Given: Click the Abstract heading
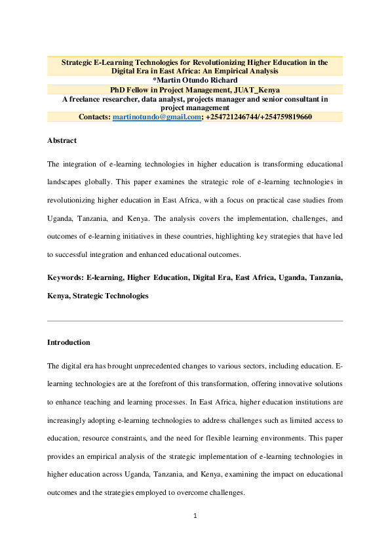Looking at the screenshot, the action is (x=62, y=140).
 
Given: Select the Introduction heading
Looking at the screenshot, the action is (x=69, y=342).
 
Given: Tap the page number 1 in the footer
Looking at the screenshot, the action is (x=195, y=515).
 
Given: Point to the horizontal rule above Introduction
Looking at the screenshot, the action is (x=195, y=321).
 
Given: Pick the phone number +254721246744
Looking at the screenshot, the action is (x=233, y=117).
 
